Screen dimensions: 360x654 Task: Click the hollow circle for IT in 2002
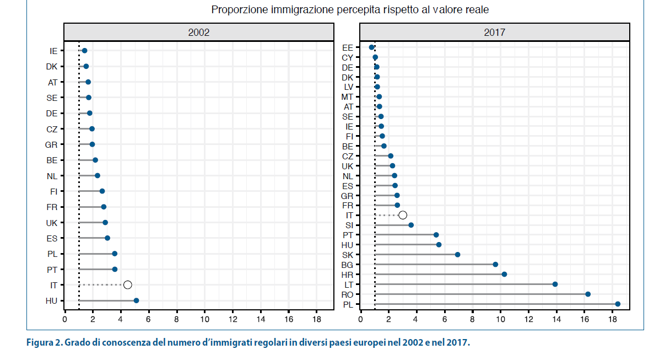128,284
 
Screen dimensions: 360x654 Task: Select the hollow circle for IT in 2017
403,215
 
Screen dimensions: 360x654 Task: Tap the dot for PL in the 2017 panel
618,304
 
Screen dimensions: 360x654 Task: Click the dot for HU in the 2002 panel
136,300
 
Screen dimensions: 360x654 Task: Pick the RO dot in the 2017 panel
588,294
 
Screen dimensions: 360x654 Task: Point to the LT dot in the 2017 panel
555,284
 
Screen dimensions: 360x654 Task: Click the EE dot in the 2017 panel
372,47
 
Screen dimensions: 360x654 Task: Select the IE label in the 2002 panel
53,51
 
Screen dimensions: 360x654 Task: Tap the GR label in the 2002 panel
52,144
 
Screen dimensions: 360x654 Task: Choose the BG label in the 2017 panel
347,265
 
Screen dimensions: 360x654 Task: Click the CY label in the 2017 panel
347,57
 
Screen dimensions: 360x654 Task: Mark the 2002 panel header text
199,32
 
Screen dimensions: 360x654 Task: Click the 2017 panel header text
495,32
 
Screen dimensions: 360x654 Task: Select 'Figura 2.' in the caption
44,343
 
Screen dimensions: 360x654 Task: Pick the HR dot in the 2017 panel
504,274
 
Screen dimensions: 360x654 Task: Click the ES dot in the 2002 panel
107,238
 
